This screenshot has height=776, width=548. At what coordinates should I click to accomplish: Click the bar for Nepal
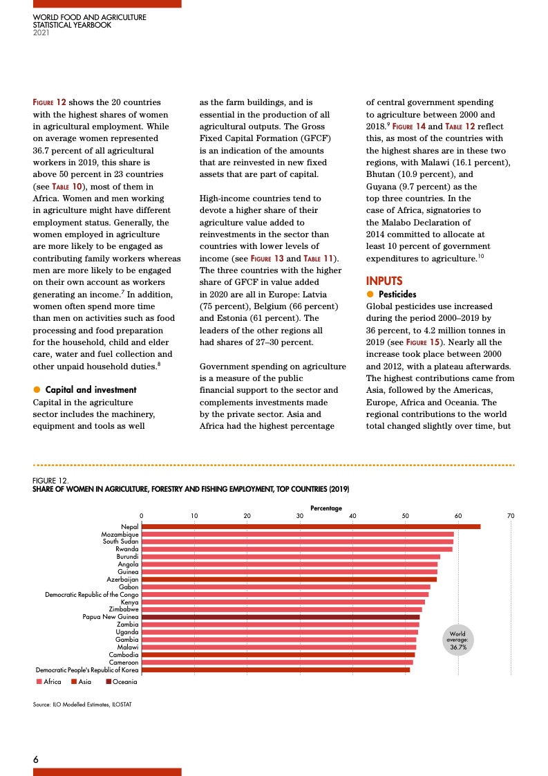point(311,527)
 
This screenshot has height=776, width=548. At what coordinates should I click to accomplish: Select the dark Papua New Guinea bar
point(281,617)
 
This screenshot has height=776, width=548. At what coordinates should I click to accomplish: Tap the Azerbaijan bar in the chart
point(289,580)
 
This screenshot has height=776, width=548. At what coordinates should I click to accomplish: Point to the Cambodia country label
point(124,654)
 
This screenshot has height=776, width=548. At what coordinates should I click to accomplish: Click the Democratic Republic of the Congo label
point(92,595)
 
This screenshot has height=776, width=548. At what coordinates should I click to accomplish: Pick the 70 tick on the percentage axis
point(511,516)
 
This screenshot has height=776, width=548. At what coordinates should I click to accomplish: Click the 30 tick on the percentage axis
point(300,516)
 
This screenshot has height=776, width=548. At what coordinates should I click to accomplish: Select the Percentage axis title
point(326,508)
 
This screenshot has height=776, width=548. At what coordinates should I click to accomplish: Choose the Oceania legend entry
point(122,683)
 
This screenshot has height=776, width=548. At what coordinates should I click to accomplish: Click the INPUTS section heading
point(384,281)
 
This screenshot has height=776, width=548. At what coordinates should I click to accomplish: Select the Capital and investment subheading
point(91,390)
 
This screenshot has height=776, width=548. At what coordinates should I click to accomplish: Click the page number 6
point(36,759)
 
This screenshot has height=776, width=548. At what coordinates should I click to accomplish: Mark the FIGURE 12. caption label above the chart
point(50,480)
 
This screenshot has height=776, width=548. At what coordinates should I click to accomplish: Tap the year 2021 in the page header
point(41,33)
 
